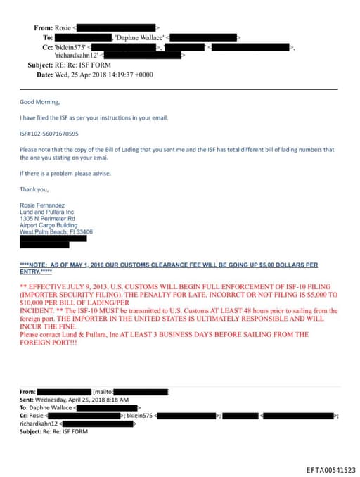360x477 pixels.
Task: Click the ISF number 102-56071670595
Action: tap(49, 133)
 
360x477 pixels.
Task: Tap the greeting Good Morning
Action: tap(37, 101)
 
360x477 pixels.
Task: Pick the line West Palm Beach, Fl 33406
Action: tap(56, 231)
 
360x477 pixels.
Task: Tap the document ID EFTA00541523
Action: tap(330, 469)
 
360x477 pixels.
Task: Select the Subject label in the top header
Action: tap(40, 65)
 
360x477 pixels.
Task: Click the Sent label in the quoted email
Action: tap(27, 399)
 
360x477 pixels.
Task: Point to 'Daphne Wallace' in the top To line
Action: tap(139, 36)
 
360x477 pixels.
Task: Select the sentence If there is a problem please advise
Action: tap(65, 173)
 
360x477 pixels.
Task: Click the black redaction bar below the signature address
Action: tap(53, 242)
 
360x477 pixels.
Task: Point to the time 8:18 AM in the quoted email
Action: tap(116, 399)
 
